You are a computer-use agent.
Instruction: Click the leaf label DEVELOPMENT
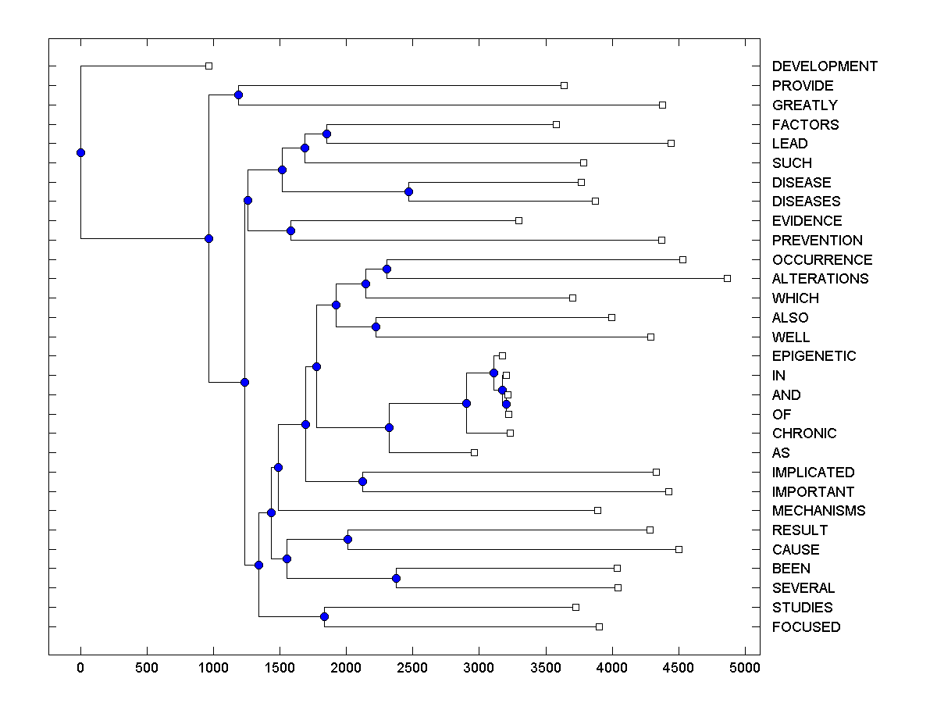pyautogui.click(x=825, y=66)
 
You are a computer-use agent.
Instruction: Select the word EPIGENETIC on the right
pyautogui.click(x=814, y=356)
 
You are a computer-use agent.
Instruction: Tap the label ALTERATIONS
pyautogui.click(x=820, y=279)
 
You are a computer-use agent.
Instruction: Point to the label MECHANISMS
pyautogui.click(x=818, y=511)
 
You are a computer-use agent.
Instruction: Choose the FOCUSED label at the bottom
pyautogui.click(x=806, y=627)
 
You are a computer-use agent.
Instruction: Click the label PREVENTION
pyautogui.click(x=817, y=241)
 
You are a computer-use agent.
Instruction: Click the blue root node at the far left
pyautogui.click(x=80, y=152)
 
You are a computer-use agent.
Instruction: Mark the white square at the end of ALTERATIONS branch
pyautogui.click(x=727, y=278)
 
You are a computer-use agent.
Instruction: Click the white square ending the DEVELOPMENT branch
pyautogui.click(x=208, y=66)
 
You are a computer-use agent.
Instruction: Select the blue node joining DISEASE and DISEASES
pyautogui.click(x=408, y=191)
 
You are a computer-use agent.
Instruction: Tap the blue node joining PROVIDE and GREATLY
pyautogui.click(x=238, y=95)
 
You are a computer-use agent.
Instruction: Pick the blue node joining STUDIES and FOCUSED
pyautogui.click(x=324, y=617)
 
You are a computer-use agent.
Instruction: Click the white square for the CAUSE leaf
pyautogui.click(x=679, y=549)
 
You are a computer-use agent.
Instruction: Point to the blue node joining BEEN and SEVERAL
pyautogui.click(x=396, y=578)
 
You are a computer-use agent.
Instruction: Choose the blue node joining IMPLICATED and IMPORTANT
pyautogui.click(x=362, y=481)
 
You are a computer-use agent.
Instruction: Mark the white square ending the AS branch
pyautogui.click(x=474, y=452)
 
